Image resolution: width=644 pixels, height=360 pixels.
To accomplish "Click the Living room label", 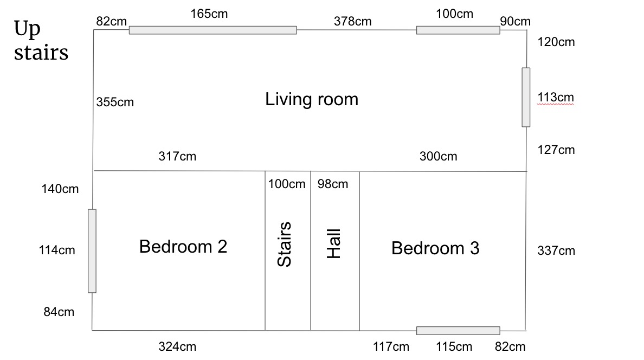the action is click(x=312, y=100).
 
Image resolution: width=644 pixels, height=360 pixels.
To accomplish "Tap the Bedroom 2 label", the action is click(x=183, y=247).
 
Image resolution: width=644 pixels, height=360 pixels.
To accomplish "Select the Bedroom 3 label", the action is click(x=435, y=248).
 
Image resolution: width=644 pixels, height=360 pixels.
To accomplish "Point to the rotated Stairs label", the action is click(x=284, y=244).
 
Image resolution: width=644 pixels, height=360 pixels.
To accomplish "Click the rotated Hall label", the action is click(x=333, y=243).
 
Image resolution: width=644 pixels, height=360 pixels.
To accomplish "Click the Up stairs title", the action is click(x=41, y=41).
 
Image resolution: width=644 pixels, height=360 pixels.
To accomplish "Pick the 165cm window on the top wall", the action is click(x=212, y=30).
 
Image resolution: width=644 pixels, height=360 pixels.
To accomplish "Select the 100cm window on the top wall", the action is click(x=458, y=30).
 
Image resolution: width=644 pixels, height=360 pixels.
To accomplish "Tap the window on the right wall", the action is click(x=526, y=98).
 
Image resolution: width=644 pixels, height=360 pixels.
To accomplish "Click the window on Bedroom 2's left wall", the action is click(x=92, y=251).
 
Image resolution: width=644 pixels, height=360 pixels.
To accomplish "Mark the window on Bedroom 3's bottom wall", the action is click(x=458, y=330).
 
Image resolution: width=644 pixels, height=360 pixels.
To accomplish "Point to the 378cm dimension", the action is click(x=352, y=21).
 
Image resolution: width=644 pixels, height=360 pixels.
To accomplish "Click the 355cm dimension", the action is click(x=115, y=102).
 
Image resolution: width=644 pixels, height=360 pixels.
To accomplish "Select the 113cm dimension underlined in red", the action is click(x=556, y=98).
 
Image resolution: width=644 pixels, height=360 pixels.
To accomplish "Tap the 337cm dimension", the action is click(x=556, y=250).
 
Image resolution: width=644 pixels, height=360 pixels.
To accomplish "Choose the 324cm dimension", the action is click(x=177, y=346).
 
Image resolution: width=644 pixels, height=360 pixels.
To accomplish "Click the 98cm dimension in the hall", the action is click(x=333, y=184).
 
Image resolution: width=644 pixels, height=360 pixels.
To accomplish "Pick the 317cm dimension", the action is click(x=177, y=156).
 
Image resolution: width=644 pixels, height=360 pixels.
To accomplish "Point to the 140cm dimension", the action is click(x=60, y=189).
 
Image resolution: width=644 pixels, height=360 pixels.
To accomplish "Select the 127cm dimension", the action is click(x=556, y=150).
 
